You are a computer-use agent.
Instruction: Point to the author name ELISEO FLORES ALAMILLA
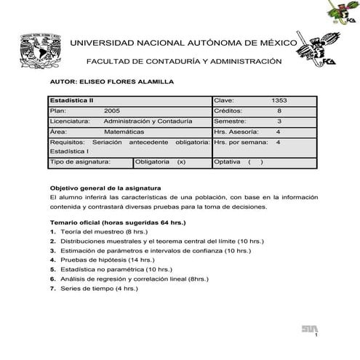coord(111,82)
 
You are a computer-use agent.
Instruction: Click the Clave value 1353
coord(279,100)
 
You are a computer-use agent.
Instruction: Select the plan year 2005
coord(112,110)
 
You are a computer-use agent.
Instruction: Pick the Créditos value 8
coord(279,110)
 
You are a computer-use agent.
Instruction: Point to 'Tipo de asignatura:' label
coord(78,162)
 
